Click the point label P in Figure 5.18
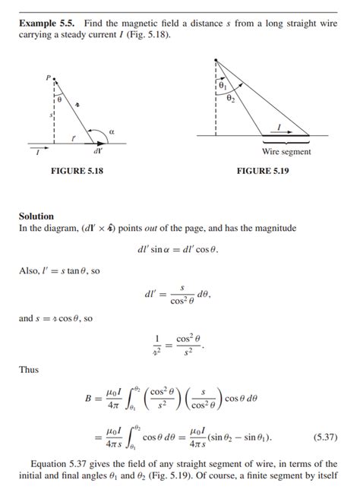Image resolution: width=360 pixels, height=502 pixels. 47,78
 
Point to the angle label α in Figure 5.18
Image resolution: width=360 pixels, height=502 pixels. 112,131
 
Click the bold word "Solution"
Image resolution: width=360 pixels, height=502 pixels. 36,216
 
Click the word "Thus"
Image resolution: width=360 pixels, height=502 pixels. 29,370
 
